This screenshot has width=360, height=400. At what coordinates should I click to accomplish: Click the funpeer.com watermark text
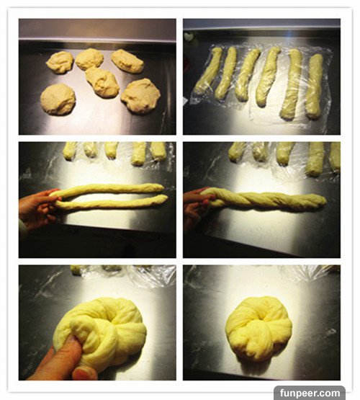[310, 393]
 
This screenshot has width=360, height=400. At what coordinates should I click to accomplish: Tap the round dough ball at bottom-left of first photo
[58, 99]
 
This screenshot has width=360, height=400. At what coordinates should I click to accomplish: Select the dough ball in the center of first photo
[102, 82]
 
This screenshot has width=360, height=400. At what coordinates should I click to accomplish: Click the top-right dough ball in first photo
[127, 61]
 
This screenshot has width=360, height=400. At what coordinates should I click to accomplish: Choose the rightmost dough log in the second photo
[314, 86]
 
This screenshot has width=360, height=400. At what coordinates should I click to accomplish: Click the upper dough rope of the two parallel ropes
[107, 189]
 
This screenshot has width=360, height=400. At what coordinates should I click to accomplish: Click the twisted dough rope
[265, 200]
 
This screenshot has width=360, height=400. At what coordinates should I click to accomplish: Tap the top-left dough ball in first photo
[60, 62]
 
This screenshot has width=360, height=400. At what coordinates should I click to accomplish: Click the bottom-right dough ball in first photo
[140, 96]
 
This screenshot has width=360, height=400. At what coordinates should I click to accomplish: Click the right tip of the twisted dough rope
[326, 201]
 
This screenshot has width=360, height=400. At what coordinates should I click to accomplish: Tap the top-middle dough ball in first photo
[89, 59]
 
